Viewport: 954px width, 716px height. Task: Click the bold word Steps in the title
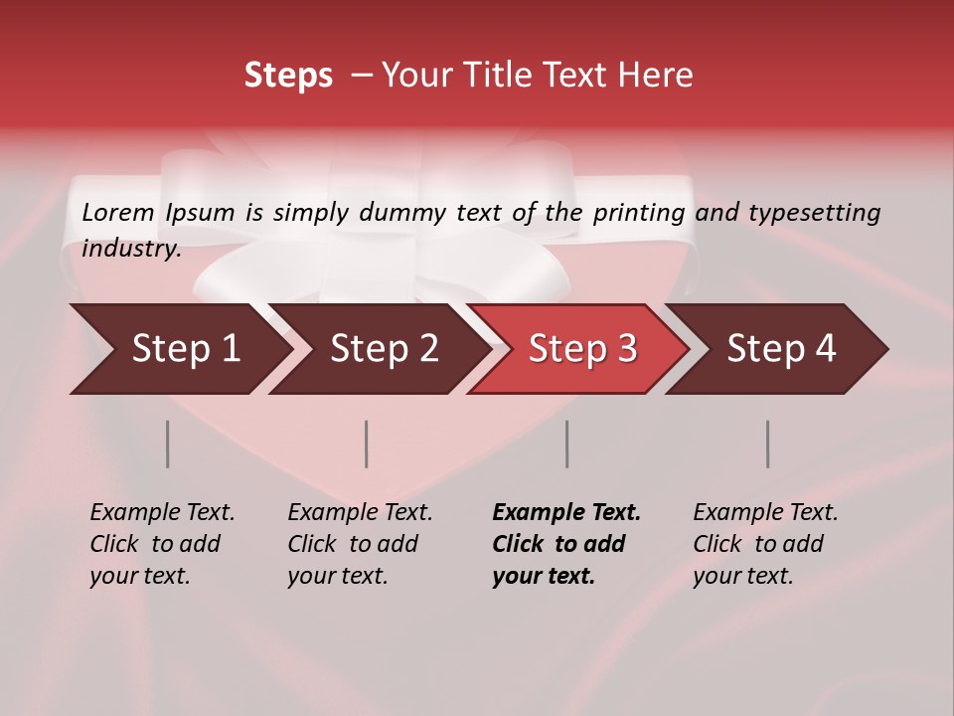click(288, 76)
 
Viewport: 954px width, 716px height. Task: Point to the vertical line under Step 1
click(168, 444)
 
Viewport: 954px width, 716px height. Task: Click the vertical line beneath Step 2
click(367, 444)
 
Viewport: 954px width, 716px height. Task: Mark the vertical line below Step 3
click(567, 444)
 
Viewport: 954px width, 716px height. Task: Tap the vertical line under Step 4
click(768, 444)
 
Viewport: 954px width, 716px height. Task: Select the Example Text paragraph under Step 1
click(162, 544)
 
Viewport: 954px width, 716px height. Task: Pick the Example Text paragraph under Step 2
click(360, 544)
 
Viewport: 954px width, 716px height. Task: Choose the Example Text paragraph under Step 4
click(765, 544)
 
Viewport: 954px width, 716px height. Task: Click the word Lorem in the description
click(118, 213)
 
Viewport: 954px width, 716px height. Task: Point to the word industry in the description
click(130, 249)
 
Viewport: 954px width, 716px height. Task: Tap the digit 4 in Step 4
click(824, 349)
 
